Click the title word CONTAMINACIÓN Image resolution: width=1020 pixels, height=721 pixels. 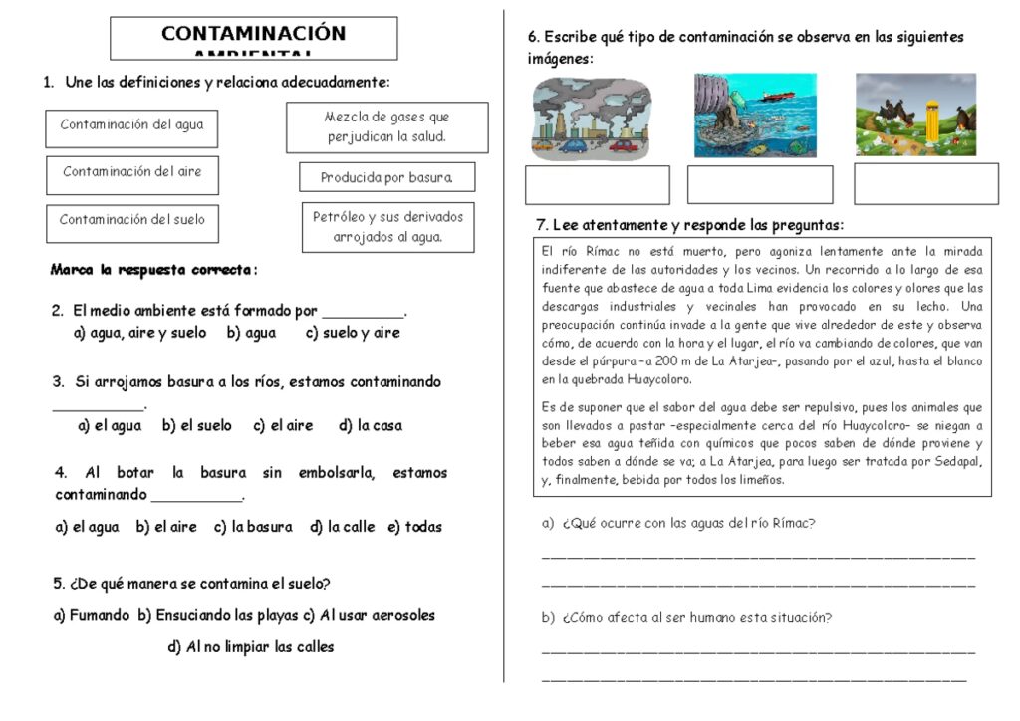click(x=253, y=33)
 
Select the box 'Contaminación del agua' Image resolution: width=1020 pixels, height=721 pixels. click(x=131, y=125)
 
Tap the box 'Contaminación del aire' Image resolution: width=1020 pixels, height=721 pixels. click(x=131, y=172)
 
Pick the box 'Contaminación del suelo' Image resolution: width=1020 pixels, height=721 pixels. click(x=131, y=220)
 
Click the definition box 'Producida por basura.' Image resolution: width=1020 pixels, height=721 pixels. click(x=386, y=178)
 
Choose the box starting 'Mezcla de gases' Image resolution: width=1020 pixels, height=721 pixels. click(x=386, y=127)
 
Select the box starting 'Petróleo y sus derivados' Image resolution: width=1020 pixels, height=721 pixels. click(x=387, y=227)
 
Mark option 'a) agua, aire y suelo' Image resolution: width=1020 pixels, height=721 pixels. click(x=139, y=333)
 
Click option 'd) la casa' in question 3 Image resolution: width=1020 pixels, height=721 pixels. click(x=371, y=425)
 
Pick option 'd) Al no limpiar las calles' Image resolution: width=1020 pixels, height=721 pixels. click(x=251, y=647)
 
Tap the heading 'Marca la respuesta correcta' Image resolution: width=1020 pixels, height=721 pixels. click(x=152, y=270)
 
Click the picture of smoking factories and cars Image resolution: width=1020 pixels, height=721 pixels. click(x=592, y=118)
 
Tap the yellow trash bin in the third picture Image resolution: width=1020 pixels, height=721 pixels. click(x=931, y=121)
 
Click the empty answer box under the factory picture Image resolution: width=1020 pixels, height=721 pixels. click(x=598, y=185)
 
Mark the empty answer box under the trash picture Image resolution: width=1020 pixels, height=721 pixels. click(x=925, y=184)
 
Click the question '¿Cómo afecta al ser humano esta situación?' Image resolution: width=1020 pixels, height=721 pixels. click(x=686, y=618)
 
